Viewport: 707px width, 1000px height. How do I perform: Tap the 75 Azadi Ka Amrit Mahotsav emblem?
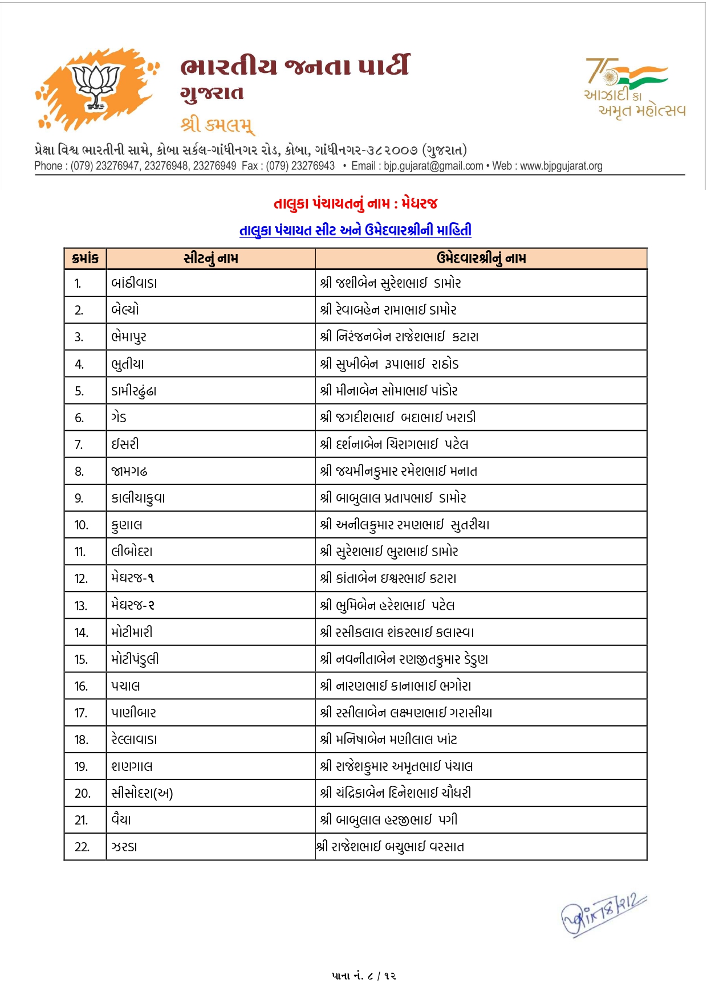pyautogui.click(x=634, y=87)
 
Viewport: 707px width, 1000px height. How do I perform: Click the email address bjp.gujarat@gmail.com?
pyautogui.click(x=433, y=166)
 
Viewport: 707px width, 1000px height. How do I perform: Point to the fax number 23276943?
pyautogui.click(x=313, y=166)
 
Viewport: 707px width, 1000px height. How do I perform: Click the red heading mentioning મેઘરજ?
pyautogui.click(x=355, y=203)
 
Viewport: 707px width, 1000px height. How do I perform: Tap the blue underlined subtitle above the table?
pyautogui.click(x=355, y=230)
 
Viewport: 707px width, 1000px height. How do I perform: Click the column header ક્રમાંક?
pyautogui.click(x=86, y=259)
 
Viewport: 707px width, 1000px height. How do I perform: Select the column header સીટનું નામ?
pyautogui.click(x=211, y=259)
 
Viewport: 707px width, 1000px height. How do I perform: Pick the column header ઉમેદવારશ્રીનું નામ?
pyautogui.click(x=481, y=259)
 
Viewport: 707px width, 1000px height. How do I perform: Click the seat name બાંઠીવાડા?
pyautogui.click(x=134, y=283)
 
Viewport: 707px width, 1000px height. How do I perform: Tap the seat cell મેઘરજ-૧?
pyautogui.click(x=133, y=578)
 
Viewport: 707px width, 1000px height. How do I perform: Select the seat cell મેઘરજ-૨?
pyautogui.click(x=133, y=605)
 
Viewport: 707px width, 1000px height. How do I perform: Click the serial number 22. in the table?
pyautogui.click(x=82, y=847)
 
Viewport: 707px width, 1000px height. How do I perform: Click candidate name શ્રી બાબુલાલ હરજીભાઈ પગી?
pyautogui.click(x=389, y=820)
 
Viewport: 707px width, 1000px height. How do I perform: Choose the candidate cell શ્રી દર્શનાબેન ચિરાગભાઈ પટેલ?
pyautogui.click(x=394, y=444)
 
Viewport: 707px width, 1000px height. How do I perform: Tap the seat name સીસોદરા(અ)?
pyautogui.click(x=142, y=793)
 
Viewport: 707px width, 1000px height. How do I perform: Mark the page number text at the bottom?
pyautogui.click(x=364, y=975)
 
